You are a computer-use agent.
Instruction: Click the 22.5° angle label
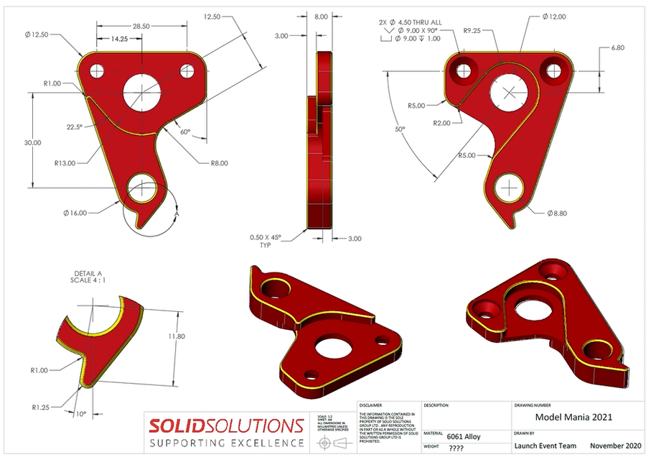(x=76, y=126)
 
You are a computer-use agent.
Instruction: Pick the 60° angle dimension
(x=185, y=132)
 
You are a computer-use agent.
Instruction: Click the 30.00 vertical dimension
(x=32, y=142)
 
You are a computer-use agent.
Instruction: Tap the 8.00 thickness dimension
(x=321, y=16)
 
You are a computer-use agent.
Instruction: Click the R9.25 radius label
(x=472, y=31)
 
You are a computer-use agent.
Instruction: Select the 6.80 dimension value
(x=618, y=48)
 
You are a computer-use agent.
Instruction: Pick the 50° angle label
(x=400, y=129)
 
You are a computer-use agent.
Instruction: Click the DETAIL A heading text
(x=88, y=273)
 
